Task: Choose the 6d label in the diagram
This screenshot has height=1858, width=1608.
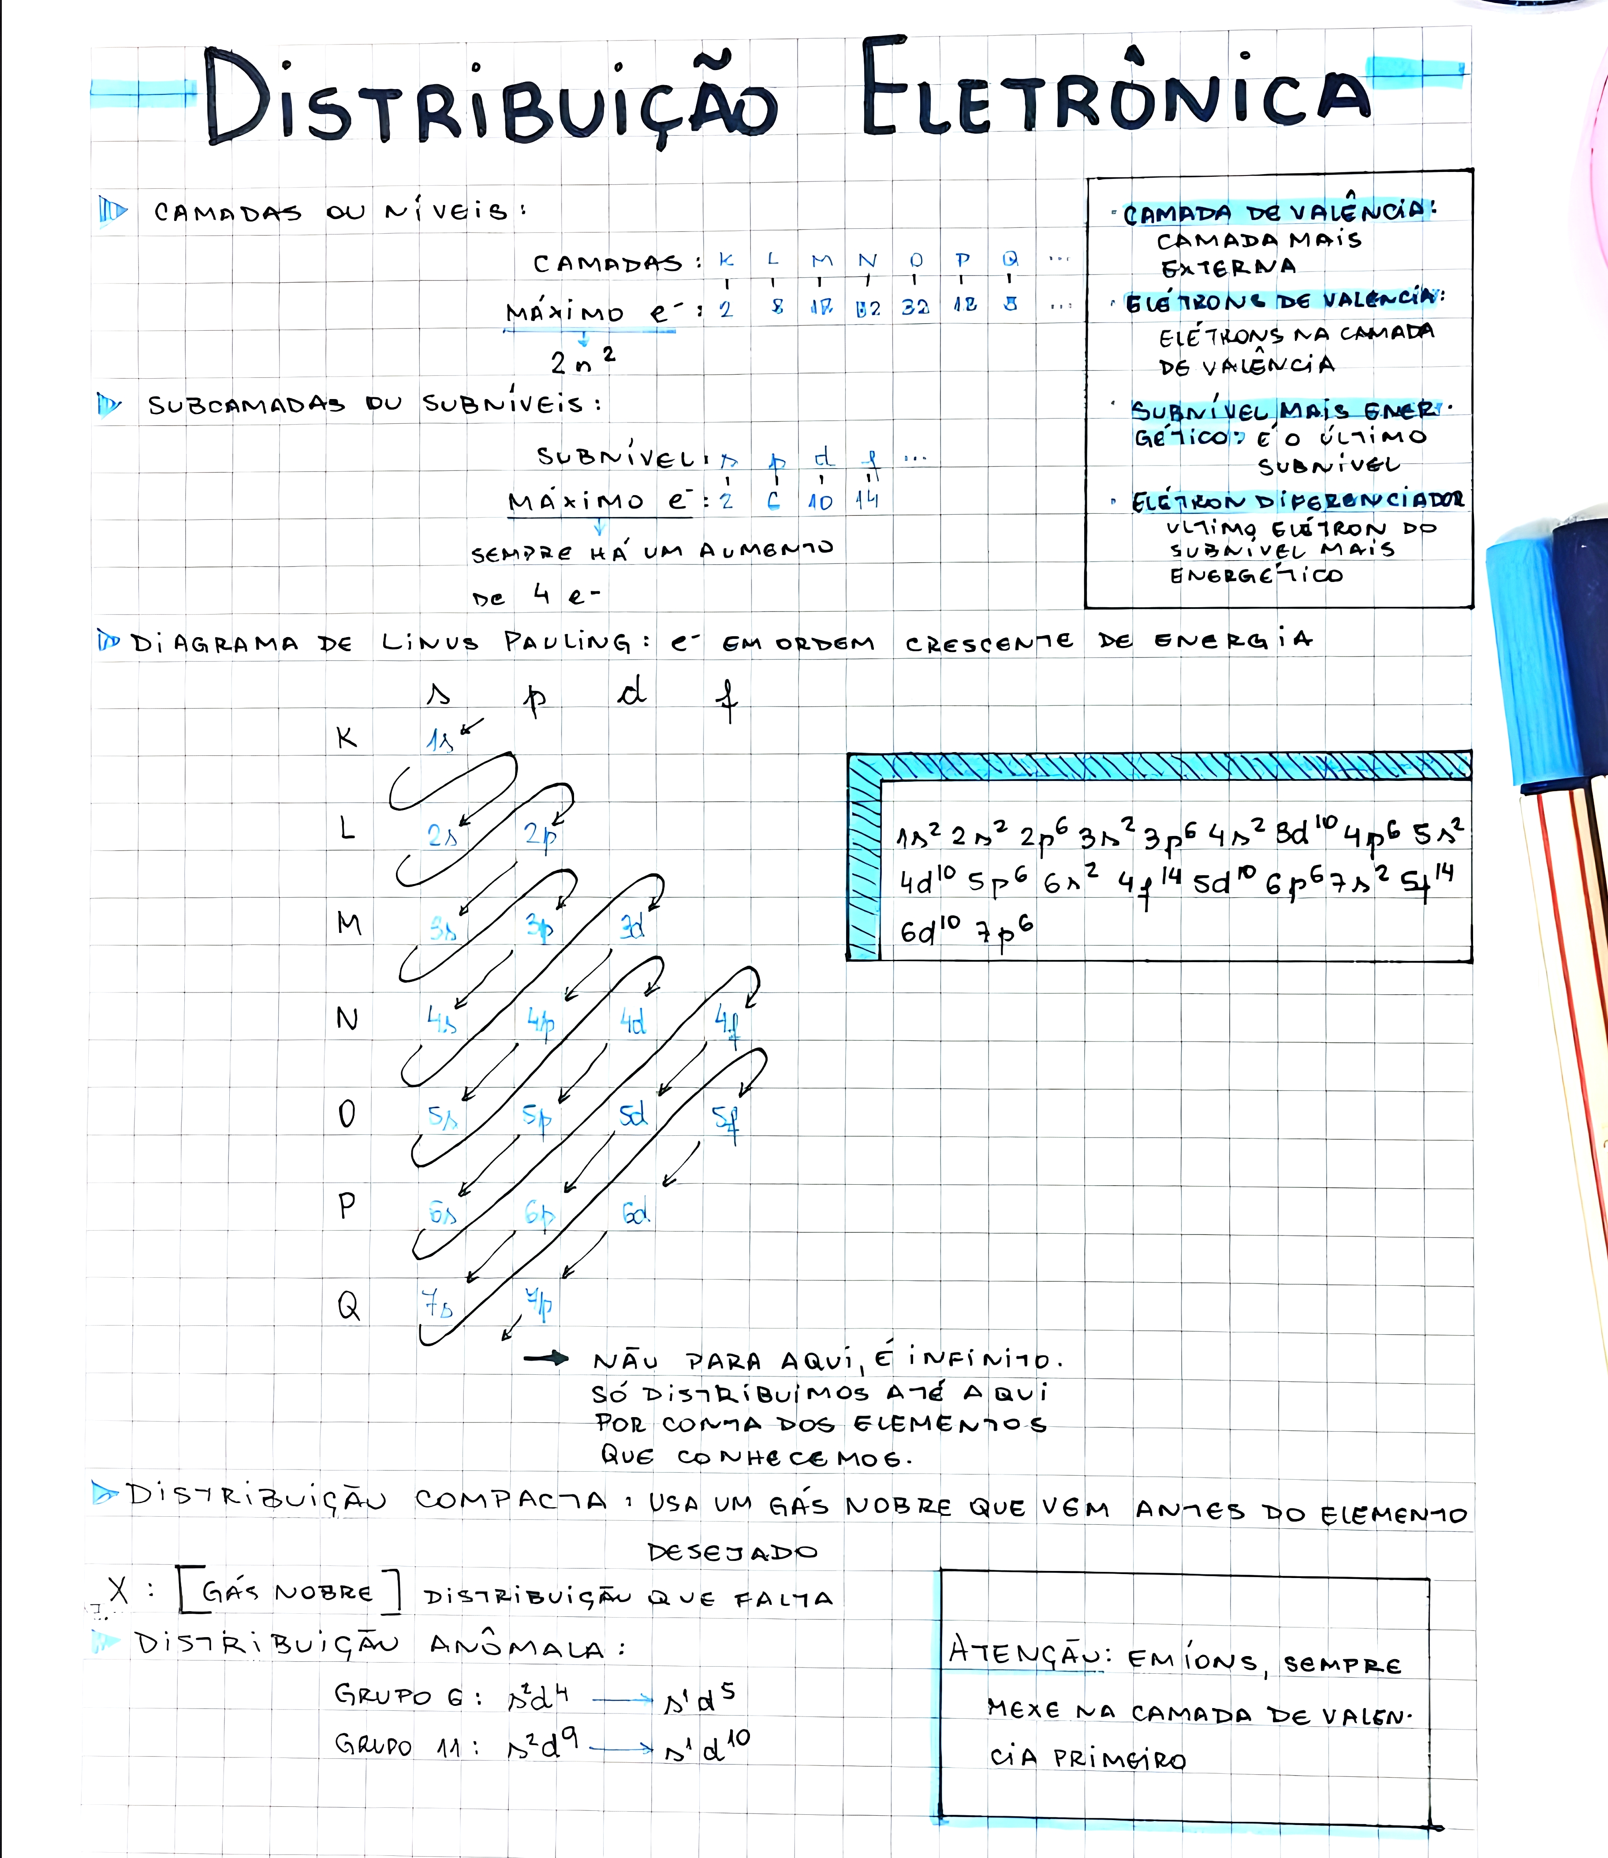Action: (x=635, y=1213)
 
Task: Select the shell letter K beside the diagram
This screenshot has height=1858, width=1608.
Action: (x=347, y=738)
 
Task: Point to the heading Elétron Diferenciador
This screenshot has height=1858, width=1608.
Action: (x=1297, y=500)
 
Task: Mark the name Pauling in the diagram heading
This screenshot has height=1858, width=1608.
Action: (x=567, y=642)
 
